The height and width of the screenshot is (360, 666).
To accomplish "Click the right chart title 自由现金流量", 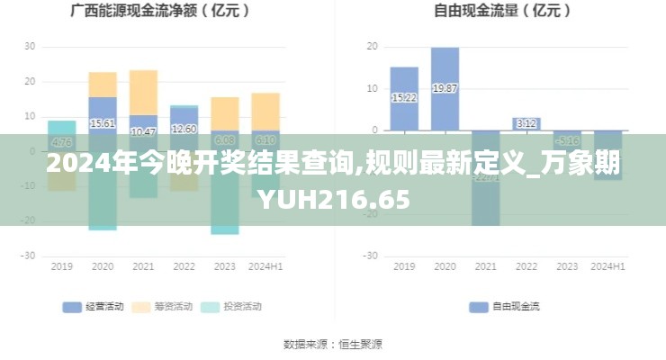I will (501, 12).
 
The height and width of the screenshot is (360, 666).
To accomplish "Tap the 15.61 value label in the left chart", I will (103, 123).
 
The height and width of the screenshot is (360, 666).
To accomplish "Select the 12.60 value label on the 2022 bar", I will (184, 129).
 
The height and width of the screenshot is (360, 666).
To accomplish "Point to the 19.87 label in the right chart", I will (445, 88).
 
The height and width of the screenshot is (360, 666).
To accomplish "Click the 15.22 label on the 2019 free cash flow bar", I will (404, 97).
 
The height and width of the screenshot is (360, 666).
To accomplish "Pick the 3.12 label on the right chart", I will (526, 123).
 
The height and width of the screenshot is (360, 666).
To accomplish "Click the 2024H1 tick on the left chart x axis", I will (265, 266).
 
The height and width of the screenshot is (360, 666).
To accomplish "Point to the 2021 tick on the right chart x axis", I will (486, 266).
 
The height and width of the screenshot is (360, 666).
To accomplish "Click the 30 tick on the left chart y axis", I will (30, 46).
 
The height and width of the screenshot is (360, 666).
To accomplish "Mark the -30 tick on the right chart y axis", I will (369, 256).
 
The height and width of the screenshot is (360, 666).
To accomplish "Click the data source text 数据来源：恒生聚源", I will (333, 344).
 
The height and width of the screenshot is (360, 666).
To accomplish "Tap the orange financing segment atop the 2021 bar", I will (143, 92).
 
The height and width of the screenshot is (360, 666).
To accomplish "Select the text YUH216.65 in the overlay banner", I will (333, 199).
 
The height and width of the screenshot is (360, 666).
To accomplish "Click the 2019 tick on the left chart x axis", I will (62, 266).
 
